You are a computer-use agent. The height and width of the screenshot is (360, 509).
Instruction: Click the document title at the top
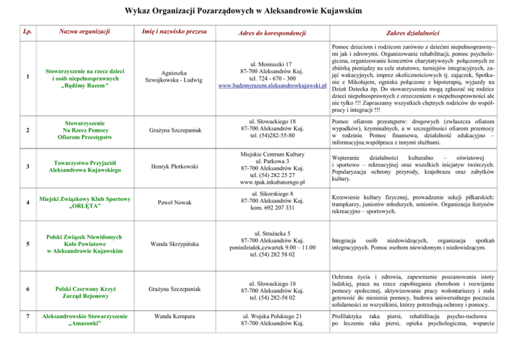[x=254, y=11]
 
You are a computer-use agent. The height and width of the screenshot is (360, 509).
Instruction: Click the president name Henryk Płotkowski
[x=170, y=165]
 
